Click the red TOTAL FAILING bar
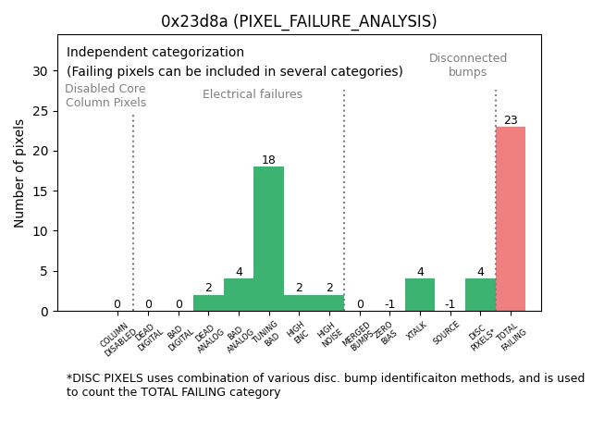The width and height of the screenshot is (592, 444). pos(511,219)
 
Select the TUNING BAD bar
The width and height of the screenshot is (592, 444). pos(268,239)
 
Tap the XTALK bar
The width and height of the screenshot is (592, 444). pos(420,295)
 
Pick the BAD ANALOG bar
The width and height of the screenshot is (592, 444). pos(239,295)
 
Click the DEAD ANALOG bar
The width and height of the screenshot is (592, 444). pos(208,303)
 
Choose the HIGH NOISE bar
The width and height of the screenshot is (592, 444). pos(329,303)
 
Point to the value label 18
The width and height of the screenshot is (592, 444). pos(268,160)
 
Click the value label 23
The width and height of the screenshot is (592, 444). pos(511,120)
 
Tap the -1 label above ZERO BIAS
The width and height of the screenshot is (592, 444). pos(389,304)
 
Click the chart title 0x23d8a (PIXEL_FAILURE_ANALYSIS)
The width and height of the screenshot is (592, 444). pos(299,21)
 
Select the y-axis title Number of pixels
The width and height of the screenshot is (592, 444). pos(19,173)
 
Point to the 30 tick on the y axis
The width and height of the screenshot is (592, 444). pos(40,71)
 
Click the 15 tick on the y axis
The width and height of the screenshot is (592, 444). pos(40,191)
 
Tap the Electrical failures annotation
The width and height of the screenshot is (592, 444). pos(253,94)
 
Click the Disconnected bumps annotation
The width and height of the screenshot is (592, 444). pos(468,66)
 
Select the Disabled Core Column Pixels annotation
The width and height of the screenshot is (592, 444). pos(105,96)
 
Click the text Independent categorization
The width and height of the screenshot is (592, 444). pos(155,53)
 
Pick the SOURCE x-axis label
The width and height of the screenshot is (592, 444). pos(448,334)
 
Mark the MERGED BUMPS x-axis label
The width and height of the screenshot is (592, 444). pos(359,336)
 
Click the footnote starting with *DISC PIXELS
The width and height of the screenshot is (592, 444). pos(325,385)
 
